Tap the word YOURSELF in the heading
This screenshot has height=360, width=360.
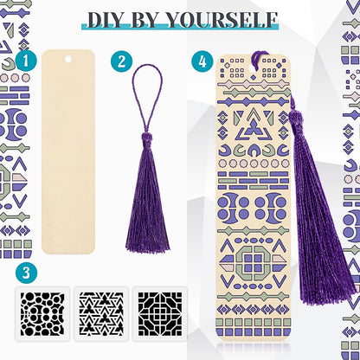[x=222, y=20]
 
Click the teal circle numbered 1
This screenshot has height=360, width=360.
[x=26, y=61]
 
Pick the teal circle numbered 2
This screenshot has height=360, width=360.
[x=121, y=61]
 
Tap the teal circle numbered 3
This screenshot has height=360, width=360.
[x=26, y=273]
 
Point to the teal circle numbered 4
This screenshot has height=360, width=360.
[x=202, y=61]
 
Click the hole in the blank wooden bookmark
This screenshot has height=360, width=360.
[x=68, y=59]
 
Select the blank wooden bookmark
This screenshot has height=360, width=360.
[x=68, y=151]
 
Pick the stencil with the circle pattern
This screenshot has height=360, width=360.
[x=42, y=314]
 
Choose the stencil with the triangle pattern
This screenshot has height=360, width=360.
[x=101, y=314]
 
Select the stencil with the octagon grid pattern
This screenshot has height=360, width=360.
[x=160, y=314]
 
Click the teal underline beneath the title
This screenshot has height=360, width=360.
[x=180, y=27]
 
